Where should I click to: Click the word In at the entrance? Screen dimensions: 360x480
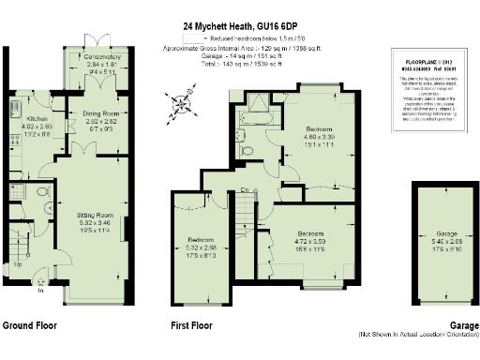[x=39, y=291]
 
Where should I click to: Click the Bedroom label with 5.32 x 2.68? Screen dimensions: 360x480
[x=195, y=240]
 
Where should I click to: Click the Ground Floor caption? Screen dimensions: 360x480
[x=29, y=326]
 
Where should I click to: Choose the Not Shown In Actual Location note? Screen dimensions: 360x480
[x=417, y=335]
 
